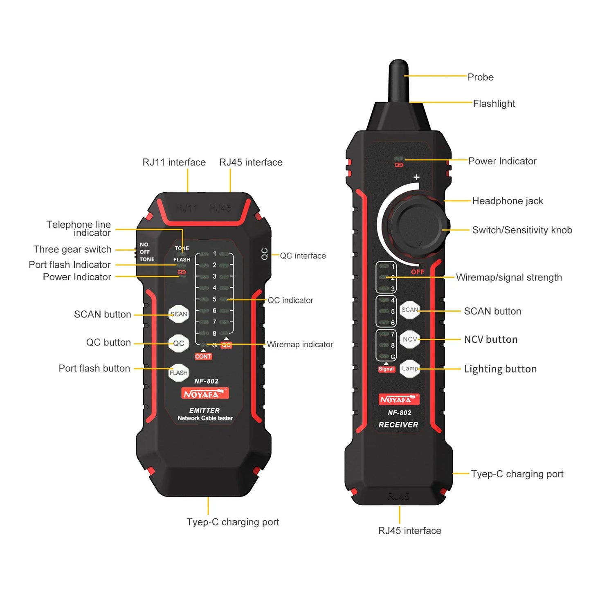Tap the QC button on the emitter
[x=179, y=343]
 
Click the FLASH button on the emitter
[x=179, y=373]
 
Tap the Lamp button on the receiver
[x=409, y=369]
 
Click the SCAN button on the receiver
[x=409, y=310]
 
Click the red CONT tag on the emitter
[x=203, y=357]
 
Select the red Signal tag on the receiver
[x=386, y=369]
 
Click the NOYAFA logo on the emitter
[x=205, y=394]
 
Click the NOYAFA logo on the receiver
[x=399, y=400]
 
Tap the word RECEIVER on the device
[x=398, y=425]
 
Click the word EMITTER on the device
[x=204, y=411]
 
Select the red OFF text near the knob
[x=418, y=272]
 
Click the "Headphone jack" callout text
[x=507, y=201]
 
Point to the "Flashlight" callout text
[x=494, y=104]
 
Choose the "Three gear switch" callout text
[x=72, y=249]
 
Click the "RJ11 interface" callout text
[x=174, y=162]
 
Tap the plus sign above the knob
[x=416, y=177]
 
